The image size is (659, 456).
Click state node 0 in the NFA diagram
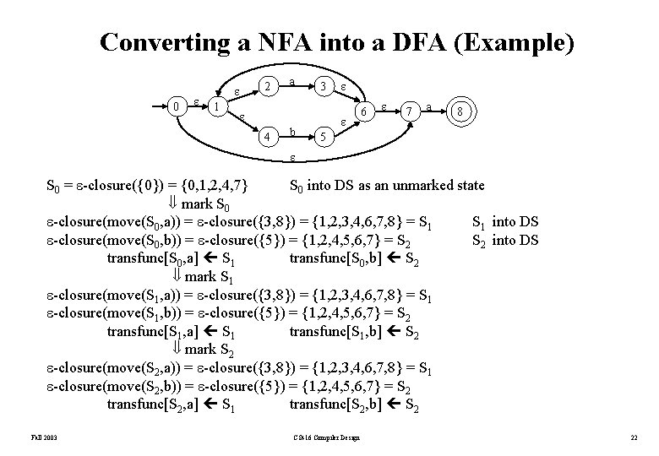pyautogui.click(x=175, y=106)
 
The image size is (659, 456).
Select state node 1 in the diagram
pyautogui.click(x=216, y=107)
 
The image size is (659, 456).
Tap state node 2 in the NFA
pyautogui.click(x=266, y=86)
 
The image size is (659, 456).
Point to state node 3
pyautogui.click(x=321, y=86)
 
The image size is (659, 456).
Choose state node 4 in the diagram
pyautogui.click(x=266, y=135)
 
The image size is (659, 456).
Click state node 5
pyautogui.click(x=321, y=135)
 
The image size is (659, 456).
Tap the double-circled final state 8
pyautogui.click(x=459, y=111)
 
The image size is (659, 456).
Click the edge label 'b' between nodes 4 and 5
pyautogui.click(x=292, y=132)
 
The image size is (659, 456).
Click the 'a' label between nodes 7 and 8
pyautogui.click(x=431, y=107)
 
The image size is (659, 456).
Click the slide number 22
pyautogui.click(x=634, y=437)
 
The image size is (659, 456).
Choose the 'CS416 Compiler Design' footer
pyautogui.click(x=324, y=437)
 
